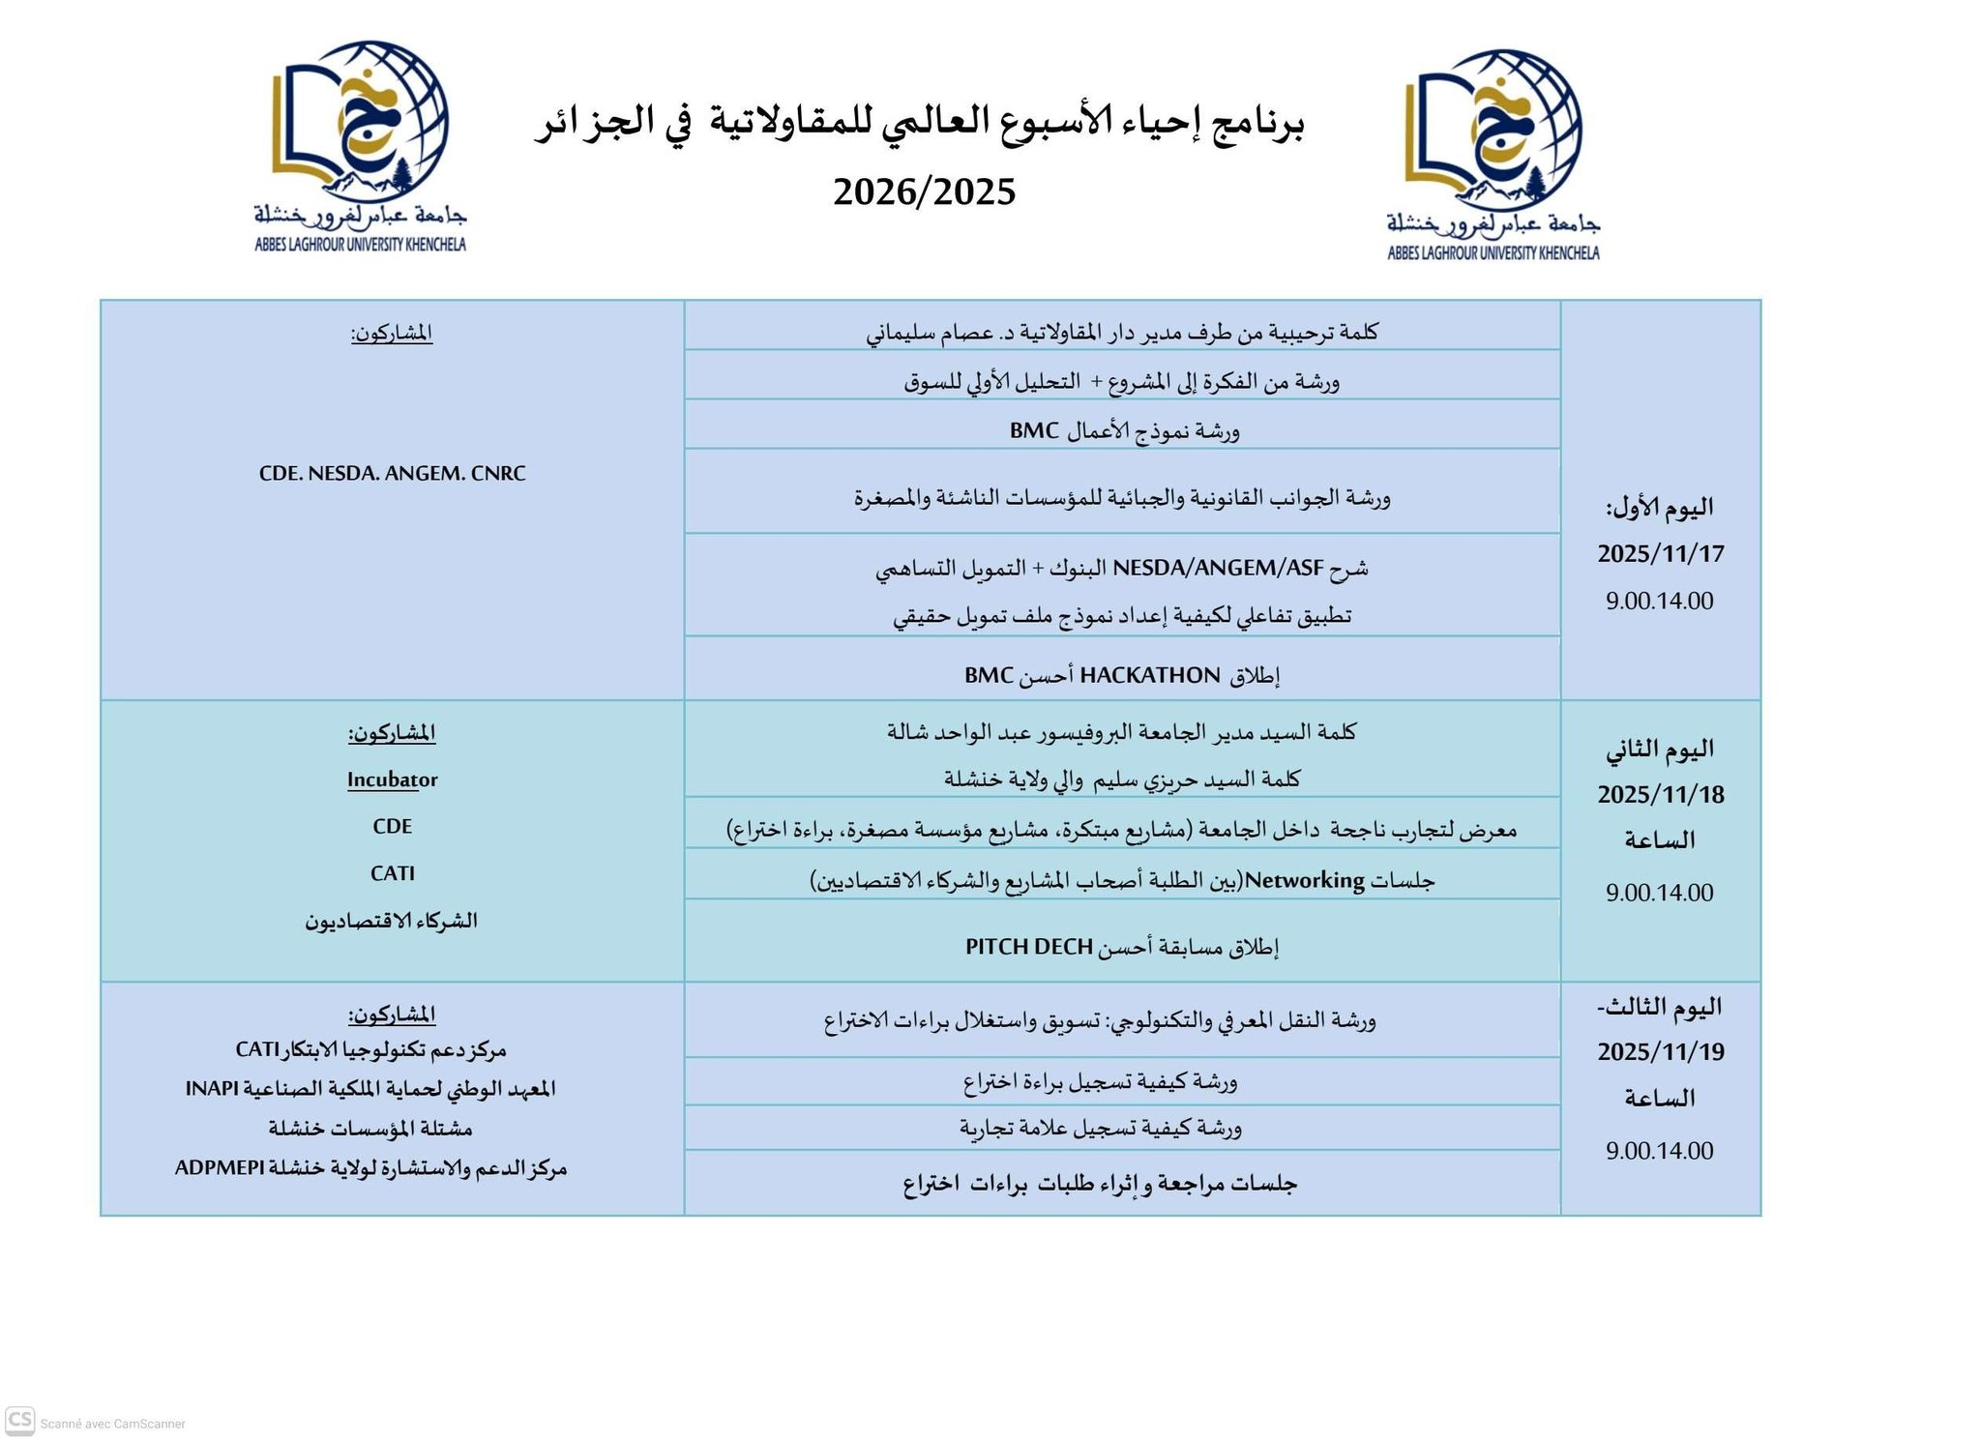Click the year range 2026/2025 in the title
coord(924,192)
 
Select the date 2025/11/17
coord(1660,554)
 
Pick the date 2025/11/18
coord(1660,795)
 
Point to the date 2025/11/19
coord(1660,1052)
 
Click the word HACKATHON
coord(1149,675)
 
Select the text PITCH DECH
coord(1028,947)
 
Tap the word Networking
coord(1304,880)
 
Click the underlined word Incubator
coord(392,780)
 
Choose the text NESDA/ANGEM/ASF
coord(1217,568)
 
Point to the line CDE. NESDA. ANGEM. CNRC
coord(392,474)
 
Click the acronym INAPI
coord(212,1089)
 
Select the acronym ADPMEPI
coord(220,1168)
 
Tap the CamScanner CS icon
coord(19,1421)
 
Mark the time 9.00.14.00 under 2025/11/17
coord(1659,601)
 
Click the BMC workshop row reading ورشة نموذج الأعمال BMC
coord(1123,430)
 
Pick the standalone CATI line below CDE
coord(392,873)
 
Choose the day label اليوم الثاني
coord(1660,749)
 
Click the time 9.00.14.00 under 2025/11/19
coord(1659,1151)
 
